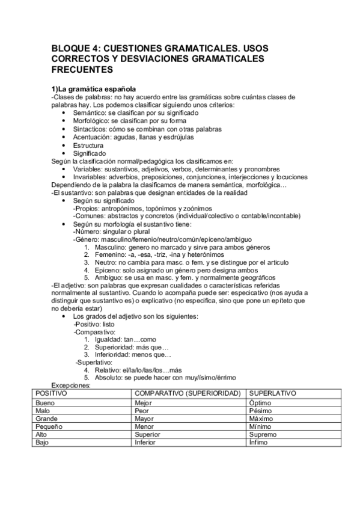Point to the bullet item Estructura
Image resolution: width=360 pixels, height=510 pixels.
(x=88, y=145)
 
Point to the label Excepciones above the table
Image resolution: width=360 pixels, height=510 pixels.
(x=70, y=386)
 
